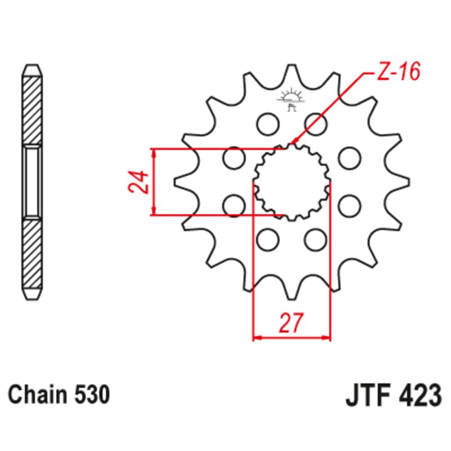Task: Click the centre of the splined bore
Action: coord(291,182)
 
